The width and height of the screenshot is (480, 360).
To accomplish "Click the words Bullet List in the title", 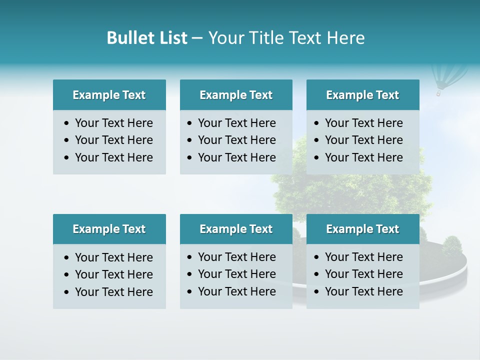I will [x=146, y=38].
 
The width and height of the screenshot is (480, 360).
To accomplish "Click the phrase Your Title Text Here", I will [x=286, y=38].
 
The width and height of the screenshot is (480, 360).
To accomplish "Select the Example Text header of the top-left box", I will [x=109, y=95].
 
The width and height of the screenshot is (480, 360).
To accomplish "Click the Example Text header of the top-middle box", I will [x=236, y=95].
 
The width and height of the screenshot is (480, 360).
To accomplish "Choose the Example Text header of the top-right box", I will [x=362, y=95].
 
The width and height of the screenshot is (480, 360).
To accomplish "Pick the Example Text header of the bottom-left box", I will [x=109, y=229].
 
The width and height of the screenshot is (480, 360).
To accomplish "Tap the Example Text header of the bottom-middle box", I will [x=236, y=229].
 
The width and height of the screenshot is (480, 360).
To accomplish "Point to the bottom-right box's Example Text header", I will [x=362, y=229].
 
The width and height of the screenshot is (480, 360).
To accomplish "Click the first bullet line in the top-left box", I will [x=113, y=123].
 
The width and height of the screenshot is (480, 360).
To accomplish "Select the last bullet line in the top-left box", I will [x=113, y=157].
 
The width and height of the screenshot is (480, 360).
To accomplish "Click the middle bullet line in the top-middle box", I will [x=236, y=140].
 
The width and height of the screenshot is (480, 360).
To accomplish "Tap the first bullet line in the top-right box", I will [x=363, y=123].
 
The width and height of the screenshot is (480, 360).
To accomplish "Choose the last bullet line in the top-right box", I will [x=363, y=157].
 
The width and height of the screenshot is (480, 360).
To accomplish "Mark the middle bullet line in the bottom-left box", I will [x=113, y=274].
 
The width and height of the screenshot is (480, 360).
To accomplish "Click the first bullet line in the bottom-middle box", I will [x=236, y=257].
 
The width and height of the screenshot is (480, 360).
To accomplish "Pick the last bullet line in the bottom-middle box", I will [x=236, y=291].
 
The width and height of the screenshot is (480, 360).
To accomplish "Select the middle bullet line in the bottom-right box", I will [x=363, y=274].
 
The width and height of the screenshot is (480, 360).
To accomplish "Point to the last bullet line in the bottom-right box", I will [x=363, y=291].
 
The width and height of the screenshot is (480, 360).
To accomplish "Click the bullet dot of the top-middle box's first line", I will [x=189, y=123].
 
